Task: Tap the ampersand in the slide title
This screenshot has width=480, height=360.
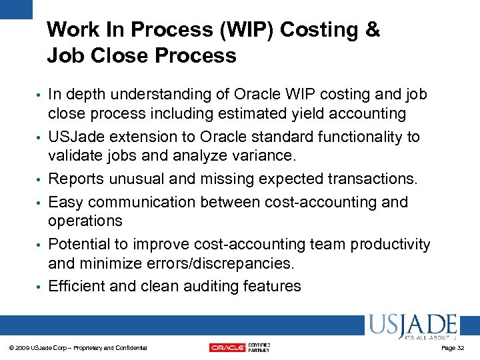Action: [x=373, y=30]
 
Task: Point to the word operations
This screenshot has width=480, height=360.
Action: [x=85, y=221]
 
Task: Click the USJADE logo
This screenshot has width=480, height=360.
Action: [x=411, y=327]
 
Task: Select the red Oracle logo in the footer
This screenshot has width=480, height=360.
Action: [x=227, y=347]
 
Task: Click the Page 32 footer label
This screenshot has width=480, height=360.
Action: [x=453, y=348]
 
